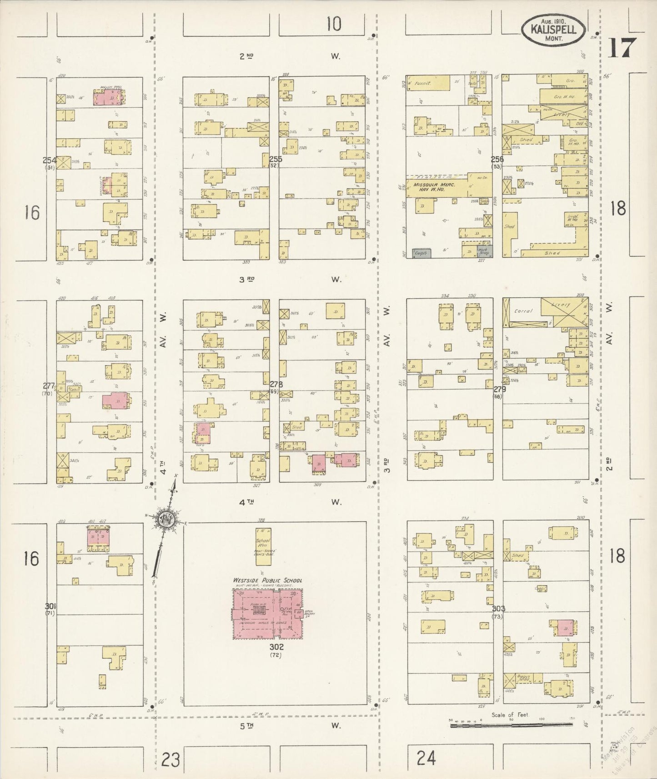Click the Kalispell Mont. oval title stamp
pos(553,30)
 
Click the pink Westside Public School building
pos(267,614)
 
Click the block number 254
pos(50,160)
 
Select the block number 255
pos(275,159)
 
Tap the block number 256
pos(497,160)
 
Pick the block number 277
pos(49,386)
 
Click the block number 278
pos(276,385)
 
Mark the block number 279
pos(499,389)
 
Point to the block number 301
pos(50,606)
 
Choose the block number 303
pos(498,609)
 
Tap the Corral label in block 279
pos(523,312)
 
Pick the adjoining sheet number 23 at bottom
pos(171,759)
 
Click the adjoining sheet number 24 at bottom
pos(426,758)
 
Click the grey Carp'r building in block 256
pos(422,253)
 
